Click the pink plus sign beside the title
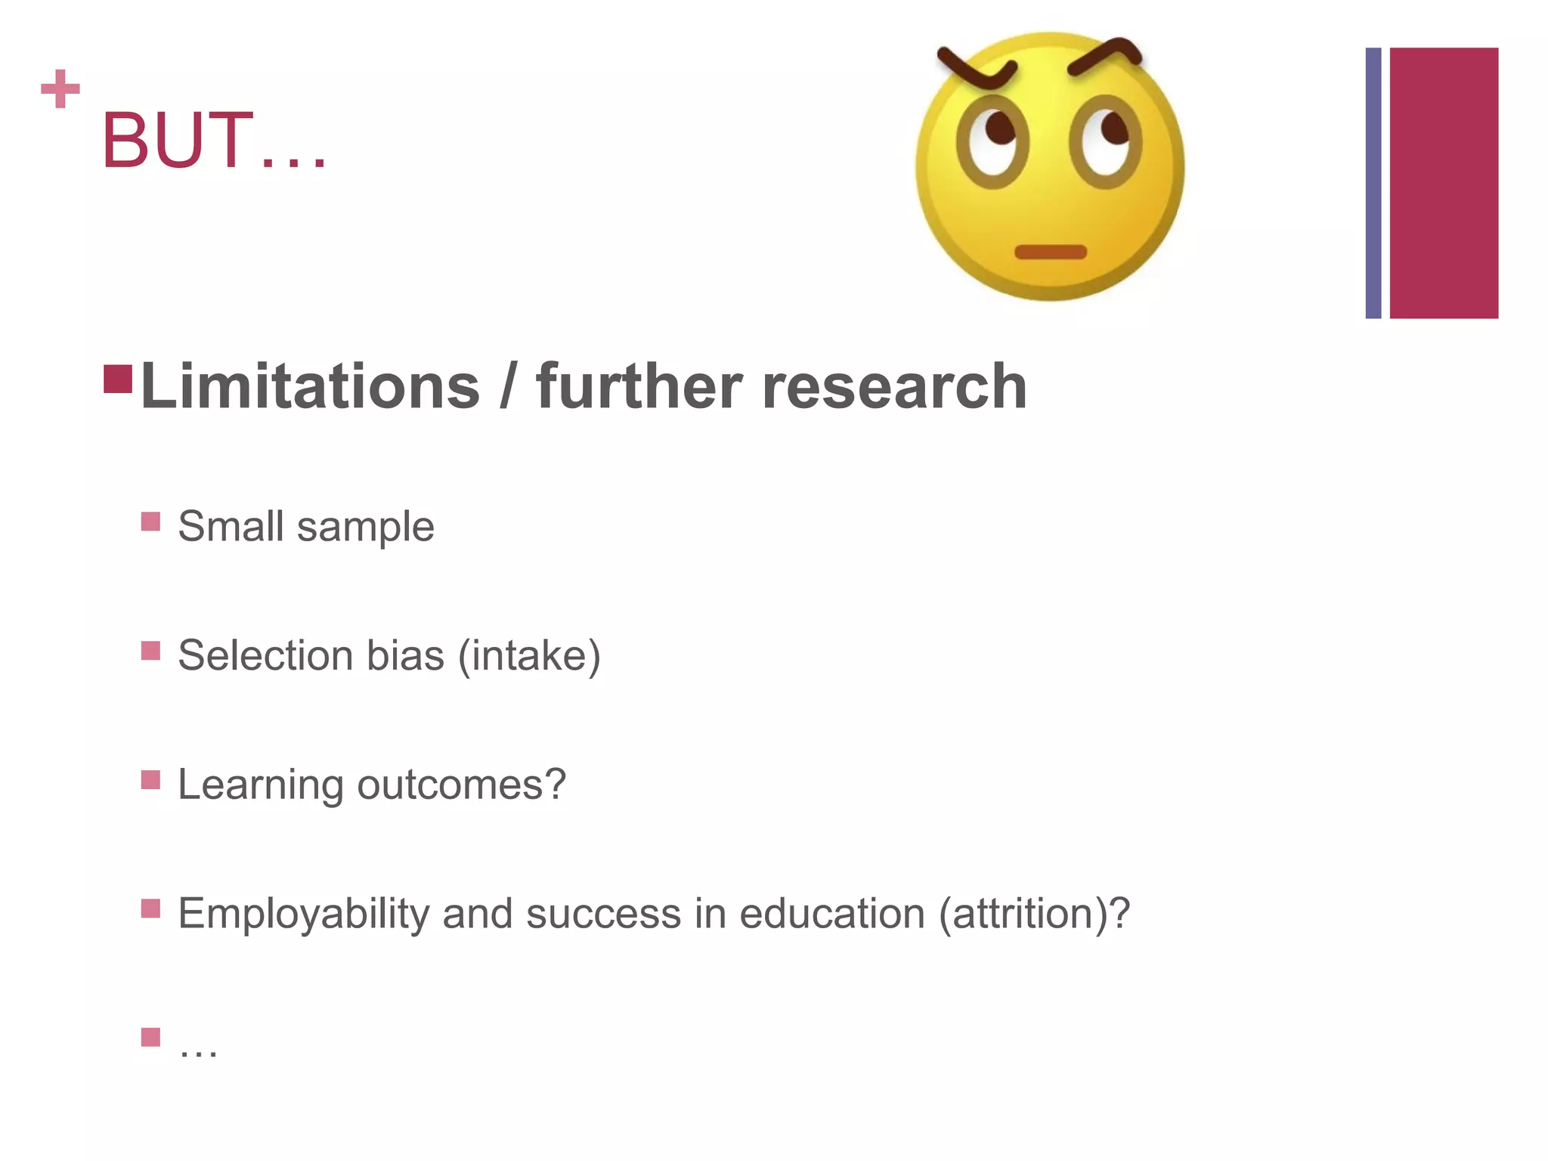pyautogui.click(x=60, y=89)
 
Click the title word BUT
pyautogui.click(x=178, y=141)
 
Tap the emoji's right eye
pyautogui.click(x=1105, y=142)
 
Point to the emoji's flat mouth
pyautogui.click(x=1050, y=252)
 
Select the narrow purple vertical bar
pyautogui.click(x=1373, y=183)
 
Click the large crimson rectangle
pyautogui.click(x=1444, y=183)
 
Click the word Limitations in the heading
pyautogui.click(x=310, y=387)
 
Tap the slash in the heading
pyautogui.click(x=508, y=387)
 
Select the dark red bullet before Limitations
pyautogui.click(x=118, y=379)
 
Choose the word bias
pyautogui.click(x=405, y=655)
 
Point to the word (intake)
pyautogui.click(x=529, y=655)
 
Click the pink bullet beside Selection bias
pyautogui.click(x=150, y=651)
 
